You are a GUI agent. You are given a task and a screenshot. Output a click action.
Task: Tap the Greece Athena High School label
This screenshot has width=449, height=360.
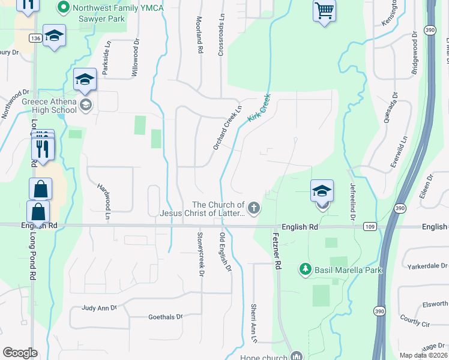click(49, 106)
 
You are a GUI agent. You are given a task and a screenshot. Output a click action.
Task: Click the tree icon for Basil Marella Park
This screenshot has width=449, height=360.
click(306, 269)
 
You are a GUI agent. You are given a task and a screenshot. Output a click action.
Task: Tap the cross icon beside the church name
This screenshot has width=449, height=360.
click(254, 209)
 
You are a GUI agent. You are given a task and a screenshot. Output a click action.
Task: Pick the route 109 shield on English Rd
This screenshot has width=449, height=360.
click(369, 226)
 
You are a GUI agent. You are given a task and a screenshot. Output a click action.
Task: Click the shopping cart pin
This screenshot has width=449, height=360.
click(324, 10)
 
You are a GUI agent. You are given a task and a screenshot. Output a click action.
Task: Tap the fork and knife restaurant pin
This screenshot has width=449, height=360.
click(43, 147)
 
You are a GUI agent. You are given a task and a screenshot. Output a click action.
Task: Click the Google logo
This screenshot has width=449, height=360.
click(20, 353)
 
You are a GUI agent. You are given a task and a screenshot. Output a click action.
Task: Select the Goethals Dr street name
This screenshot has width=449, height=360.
click(164, 317)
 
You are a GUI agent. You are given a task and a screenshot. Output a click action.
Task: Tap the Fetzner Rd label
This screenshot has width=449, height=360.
click(277, 252)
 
